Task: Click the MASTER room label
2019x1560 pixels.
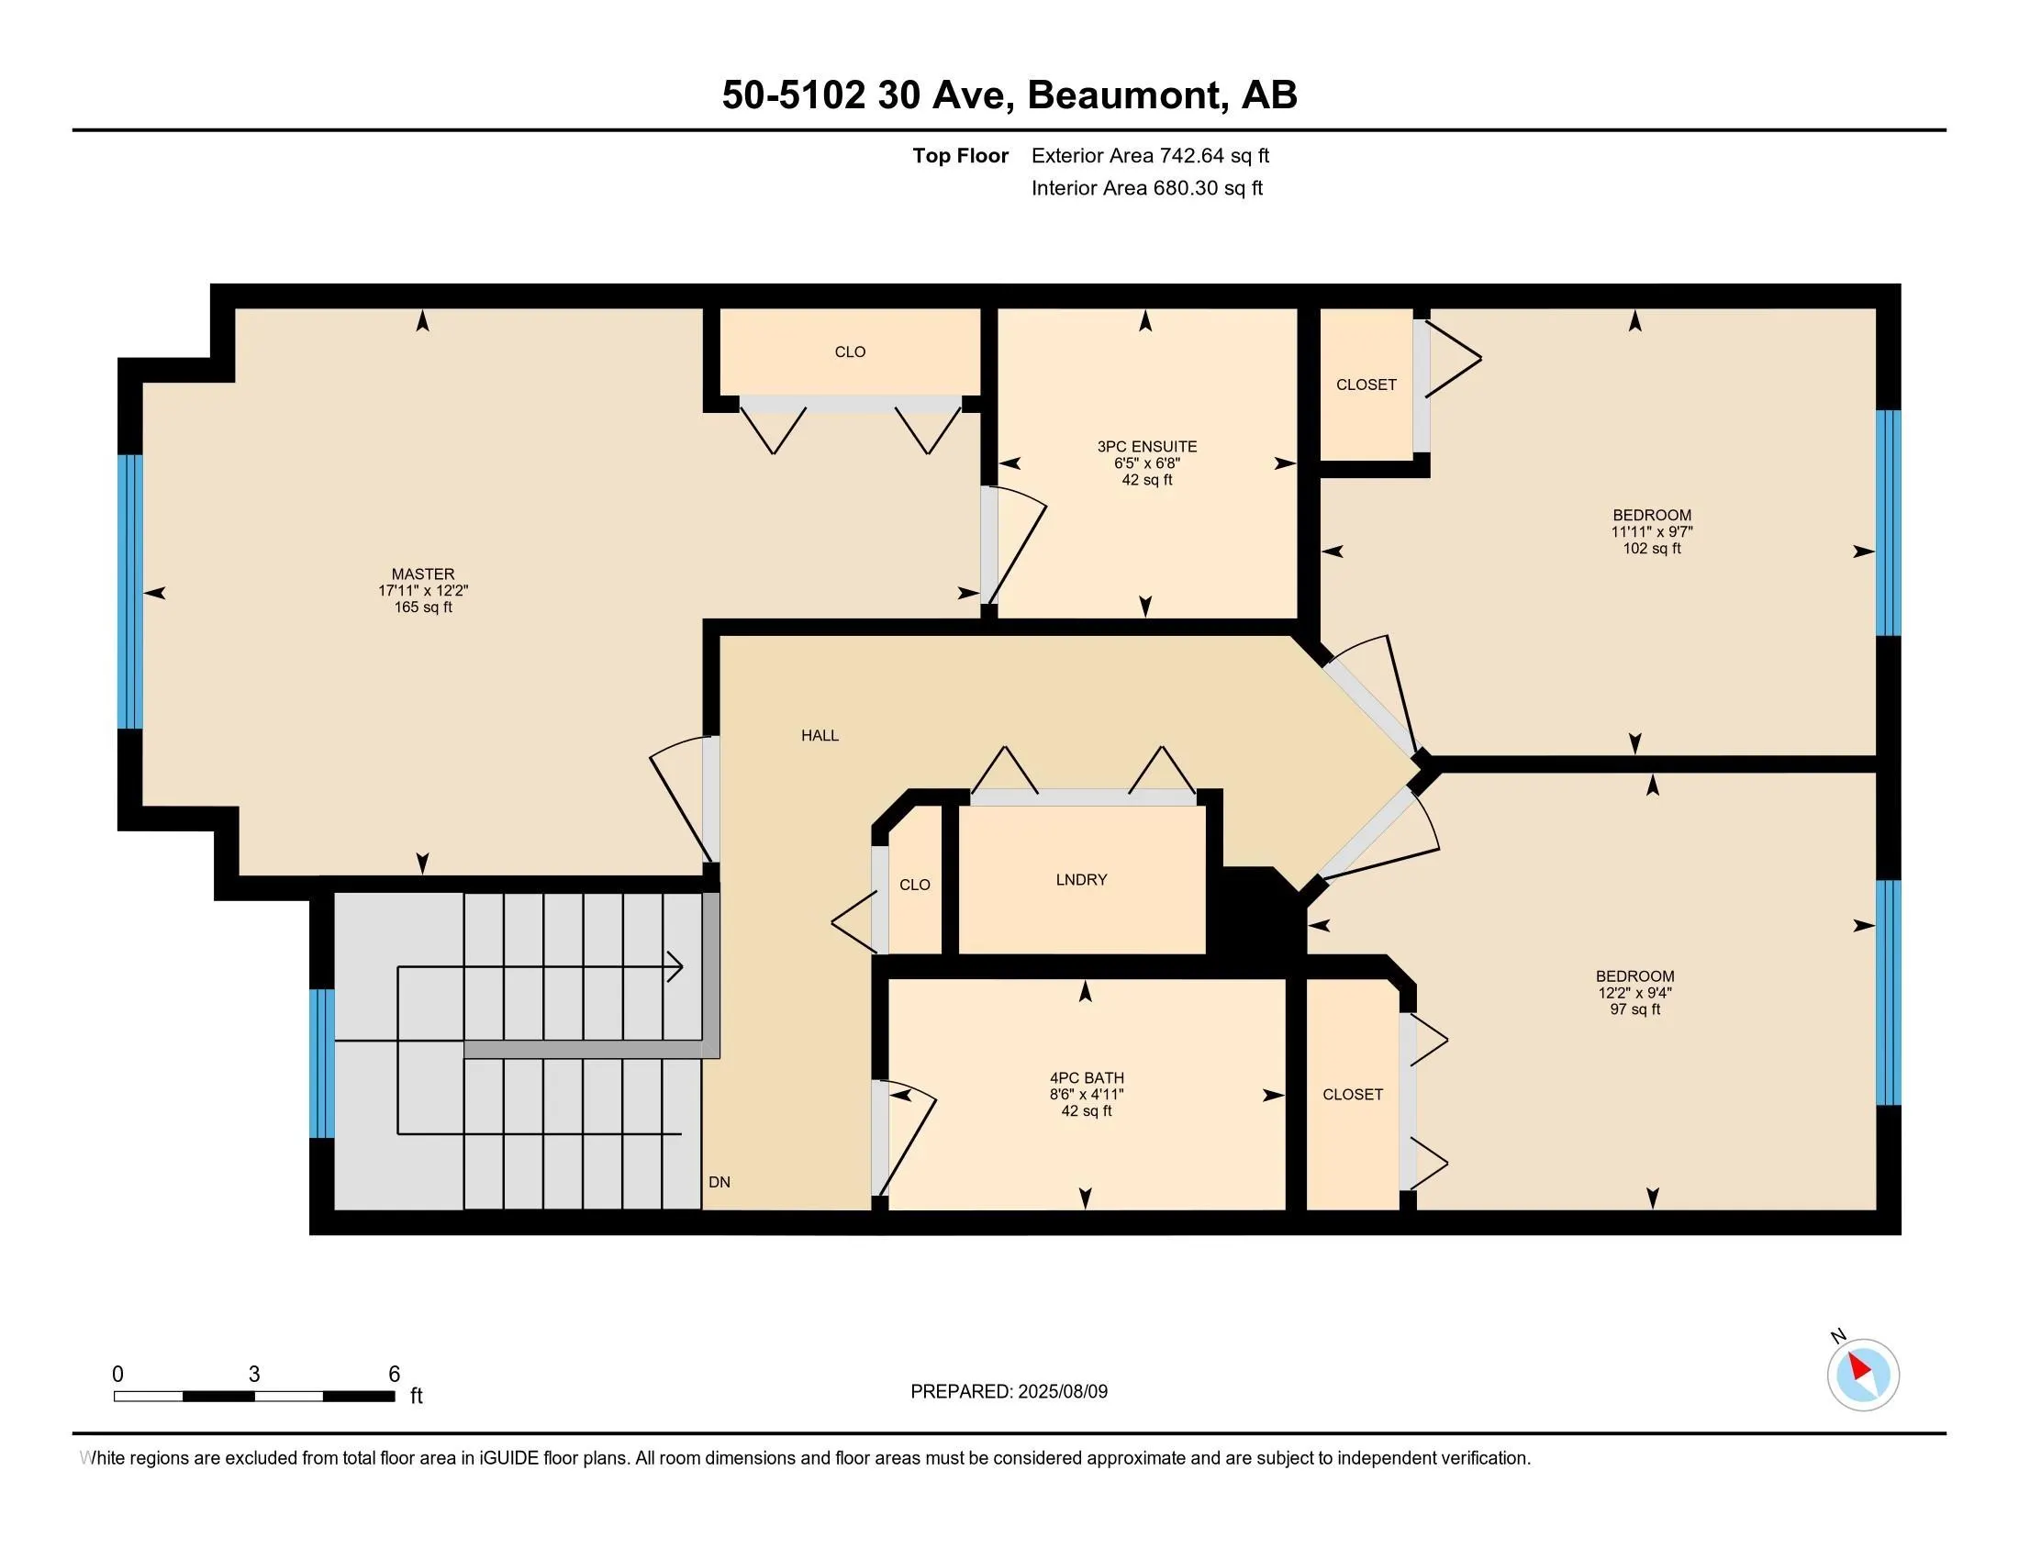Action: pyautogui.click(x=422, y=574)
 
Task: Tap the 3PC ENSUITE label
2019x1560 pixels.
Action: pyautogui.click(x=1146, y=446)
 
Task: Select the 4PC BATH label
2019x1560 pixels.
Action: pyautogui.click(x=1087, y=1077)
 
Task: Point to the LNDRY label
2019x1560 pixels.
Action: pyautogui.click(x=1081, y=880)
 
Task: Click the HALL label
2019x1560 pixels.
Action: pyautogui.click(x=820, y=736)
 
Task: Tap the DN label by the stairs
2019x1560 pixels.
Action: pyautogui.click(x=719, y=1182)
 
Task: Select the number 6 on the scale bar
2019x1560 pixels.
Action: pyautogui.click(x=394, y=1375)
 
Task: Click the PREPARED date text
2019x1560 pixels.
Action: pyautogui.click(x=1009, y=1392)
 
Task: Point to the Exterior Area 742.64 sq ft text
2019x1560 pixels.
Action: pyautogui.click(x=1150, y=155)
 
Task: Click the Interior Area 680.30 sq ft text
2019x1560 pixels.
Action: pyautogui.click(x=1147, y=187)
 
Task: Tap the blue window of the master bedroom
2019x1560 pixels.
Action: pyautogui.click(x=130, y=592)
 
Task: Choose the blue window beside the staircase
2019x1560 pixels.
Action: pyautogui.click(x=322, y=1063)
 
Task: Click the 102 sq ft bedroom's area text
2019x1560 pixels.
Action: pyautogui.click(x=1652, y=549)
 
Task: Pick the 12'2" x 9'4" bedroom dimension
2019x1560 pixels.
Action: pyautogui.click(x=1634, y=993)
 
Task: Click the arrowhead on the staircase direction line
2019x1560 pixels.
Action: pyautogui.click(x=676, y=967)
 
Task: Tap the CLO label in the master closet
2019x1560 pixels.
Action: pyautogui.click(x=850, y=352)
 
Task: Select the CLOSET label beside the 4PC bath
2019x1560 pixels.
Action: pyautogui.click(x=1353, y=1094)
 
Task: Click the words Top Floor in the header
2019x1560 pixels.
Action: pyautogui.click(x=961, y=155)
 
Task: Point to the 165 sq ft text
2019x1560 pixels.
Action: pyautogui.click(x=423, y=607)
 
